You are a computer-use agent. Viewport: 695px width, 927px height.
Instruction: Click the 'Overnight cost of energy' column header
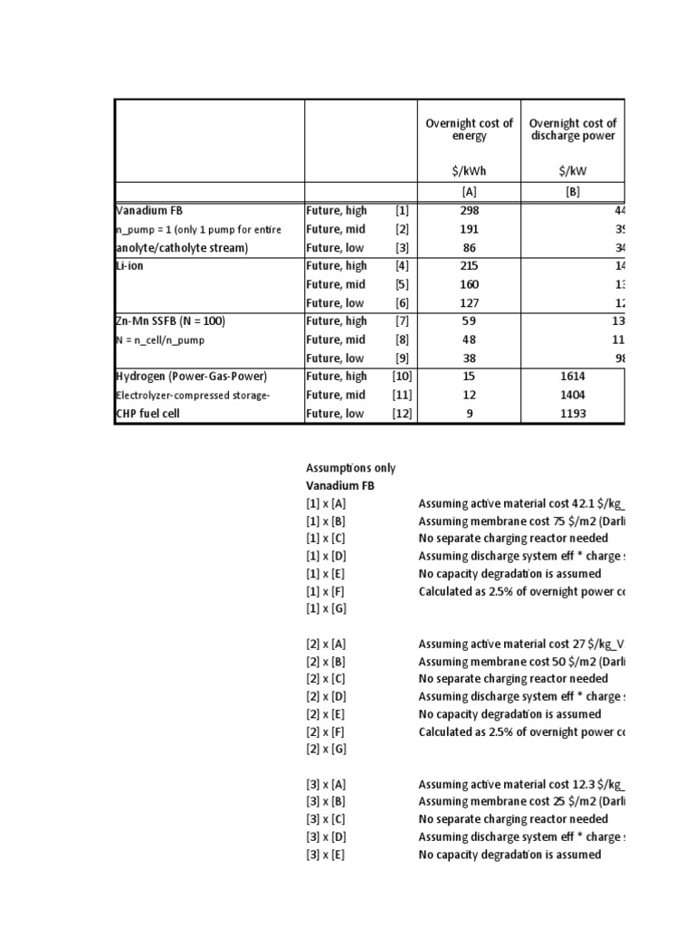coord(469,129)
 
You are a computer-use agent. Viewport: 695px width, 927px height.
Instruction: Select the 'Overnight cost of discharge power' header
coord(572,129)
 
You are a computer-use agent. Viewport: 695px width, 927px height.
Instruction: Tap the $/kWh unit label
coord(469,169)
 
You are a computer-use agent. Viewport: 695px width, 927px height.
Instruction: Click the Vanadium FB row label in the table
coord(149,210)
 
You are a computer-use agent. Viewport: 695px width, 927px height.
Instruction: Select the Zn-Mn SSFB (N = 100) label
coord(170,320)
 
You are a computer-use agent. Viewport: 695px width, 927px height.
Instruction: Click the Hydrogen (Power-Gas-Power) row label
coord(191,376)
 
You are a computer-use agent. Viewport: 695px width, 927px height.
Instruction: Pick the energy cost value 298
coord(469,210)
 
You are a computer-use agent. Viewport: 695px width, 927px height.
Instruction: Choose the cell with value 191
coord(469,229)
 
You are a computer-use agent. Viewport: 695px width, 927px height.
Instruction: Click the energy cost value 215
coord(469,265)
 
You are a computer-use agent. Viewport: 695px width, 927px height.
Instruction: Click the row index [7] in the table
coord(401,320)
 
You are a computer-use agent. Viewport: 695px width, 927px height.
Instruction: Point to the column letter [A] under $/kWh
coord(469,192)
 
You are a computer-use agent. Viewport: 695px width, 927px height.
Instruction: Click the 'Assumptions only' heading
coord(350,468)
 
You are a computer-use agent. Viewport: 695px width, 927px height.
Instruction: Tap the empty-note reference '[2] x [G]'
coord(326,749)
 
